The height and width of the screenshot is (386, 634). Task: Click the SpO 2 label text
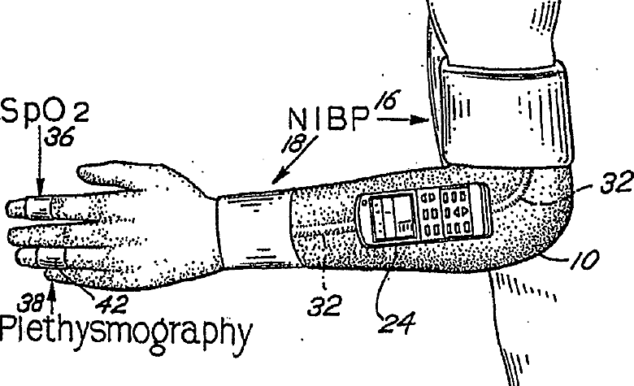pyautogui.click(x=45, y=111)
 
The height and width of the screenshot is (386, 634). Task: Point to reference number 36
pyautogui.click(x=59, y=137)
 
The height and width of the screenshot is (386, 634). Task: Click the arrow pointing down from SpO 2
pyautogui.click(x=40, y=162)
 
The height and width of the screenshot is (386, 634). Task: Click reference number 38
pyautogui.click(x=30, y=302)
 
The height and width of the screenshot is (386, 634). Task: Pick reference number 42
pyautogui.click(x=111, y=305)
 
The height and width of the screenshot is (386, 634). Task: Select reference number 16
pyautogui.click(x=387, y=100)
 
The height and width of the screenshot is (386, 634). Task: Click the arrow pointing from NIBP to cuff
pyautogui.click(x=402, y=119)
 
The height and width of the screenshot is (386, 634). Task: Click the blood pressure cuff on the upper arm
pyautogui.click(x=506, y=113)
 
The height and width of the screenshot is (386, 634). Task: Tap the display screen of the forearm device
pyautogui.click(x=393, y=217)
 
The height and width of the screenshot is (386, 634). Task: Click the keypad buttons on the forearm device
pyautogui.click(x=445, y=213)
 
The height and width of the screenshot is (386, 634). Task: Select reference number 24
pyautogui.click(x=397, y=323)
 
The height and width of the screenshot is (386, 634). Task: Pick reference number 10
pyautogui.click(x=584, y=259)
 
